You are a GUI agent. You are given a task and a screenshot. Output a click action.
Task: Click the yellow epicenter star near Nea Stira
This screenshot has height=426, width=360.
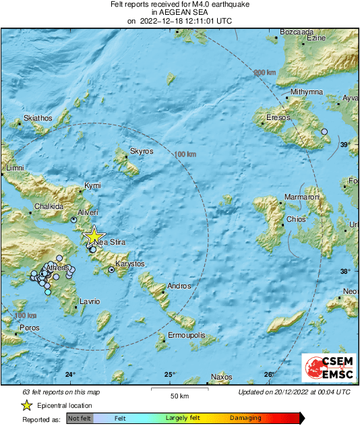(93, 236)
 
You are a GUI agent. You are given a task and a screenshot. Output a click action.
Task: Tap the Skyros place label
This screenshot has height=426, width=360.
(142, 152)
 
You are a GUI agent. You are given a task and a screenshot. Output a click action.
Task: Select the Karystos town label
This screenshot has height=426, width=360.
(129, 264)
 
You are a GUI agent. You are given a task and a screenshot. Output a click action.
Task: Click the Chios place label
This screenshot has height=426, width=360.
(297, 219)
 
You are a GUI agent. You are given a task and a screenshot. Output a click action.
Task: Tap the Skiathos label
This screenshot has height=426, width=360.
(38, 118)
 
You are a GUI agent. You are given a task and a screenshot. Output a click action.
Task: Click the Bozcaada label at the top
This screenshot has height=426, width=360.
(297, 32)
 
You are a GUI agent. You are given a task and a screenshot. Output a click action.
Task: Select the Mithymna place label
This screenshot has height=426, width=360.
(307, 92)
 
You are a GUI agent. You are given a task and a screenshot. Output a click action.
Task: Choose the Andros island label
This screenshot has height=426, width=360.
(179, 286)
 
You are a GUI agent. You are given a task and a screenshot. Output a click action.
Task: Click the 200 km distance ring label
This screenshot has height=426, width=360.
(265, 72)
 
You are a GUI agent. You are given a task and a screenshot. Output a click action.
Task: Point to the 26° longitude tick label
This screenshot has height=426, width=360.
(268, 375)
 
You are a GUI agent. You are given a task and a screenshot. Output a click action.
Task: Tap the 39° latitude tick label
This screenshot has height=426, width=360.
(344, 145)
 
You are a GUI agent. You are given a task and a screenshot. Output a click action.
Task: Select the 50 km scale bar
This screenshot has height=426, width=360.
(179, 389)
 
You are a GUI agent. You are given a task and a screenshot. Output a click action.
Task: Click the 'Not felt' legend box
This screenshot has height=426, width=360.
(79, 418)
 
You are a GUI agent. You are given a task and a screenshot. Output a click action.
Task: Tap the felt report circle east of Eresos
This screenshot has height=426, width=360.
(324, 131)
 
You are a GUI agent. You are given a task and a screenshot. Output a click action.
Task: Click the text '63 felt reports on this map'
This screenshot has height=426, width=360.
(60, 392)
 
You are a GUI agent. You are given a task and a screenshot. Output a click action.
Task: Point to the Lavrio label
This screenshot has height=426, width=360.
(90, 301)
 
